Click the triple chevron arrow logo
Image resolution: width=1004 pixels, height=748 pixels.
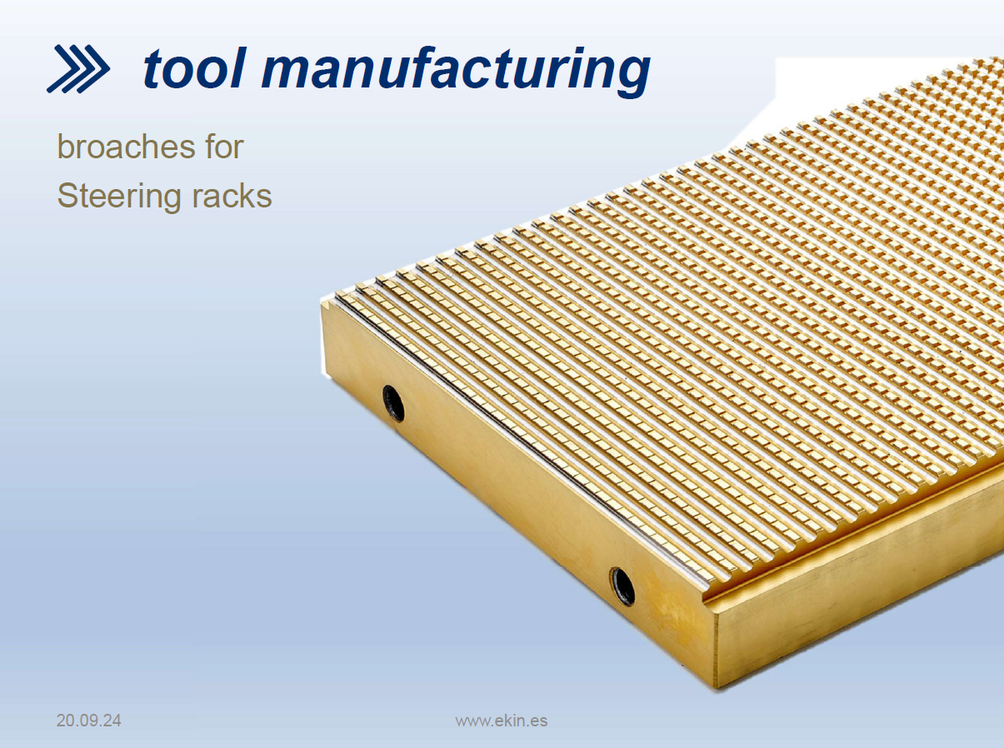click(x=78, y=69)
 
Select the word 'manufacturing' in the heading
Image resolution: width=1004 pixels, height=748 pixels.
click(x=456, y=71)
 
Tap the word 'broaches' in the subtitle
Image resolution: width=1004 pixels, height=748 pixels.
click(x=126, y=147)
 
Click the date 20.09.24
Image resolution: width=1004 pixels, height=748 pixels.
click(x=89, y=721)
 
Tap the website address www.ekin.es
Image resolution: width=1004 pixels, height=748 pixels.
click(x=502, y=721)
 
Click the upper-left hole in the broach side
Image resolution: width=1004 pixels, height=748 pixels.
click(x=393, y=403)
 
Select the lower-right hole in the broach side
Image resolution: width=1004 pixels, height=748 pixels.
click(x=622, y=586)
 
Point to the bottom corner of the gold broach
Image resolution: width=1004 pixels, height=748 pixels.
click(x=717, y=688)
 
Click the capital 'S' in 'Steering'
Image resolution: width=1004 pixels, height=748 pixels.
click(x=67, y=196)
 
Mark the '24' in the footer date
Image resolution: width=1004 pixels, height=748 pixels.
click(x=112, y=721)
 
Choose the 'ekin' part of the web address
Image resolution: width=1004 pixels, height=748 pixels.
click(x=511, y=721)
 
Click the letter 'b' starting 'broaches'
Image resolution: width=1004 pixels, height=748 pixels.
click(x=66, y=147)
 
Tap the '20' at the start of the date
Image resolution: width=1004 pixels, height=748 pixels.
click(x=65, y=721)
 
